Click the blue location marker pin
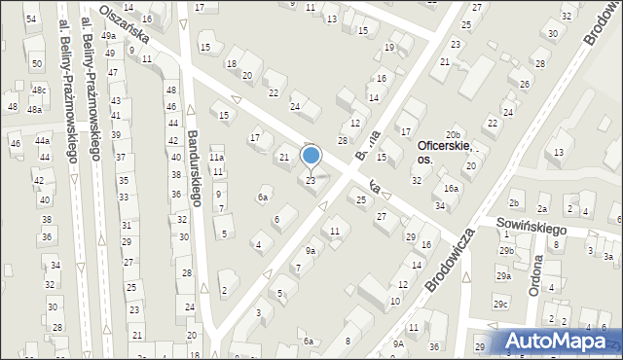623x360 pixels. pos(311,156)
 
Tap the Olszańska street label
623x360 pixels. pos(129,22)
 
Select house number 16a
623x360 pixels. pos(451,189)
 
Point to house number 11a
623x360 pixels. pos(217,157)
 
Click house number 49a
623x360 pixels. pos(108,36)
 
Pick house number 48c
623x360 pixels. pos(38,90)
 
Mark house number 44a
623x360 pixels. pos(43,141)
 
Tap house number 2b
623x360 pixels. pos(514,203)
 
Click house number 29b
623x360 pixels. pos(506,251)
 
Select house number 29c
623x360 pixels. pos(499,305)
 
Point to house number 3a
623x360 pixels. pos(607,257)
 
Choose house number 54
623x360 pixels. pos(31,19)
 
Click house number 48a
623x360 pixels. pos(34,110)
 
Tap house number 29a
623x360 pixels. pos(502,276)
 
